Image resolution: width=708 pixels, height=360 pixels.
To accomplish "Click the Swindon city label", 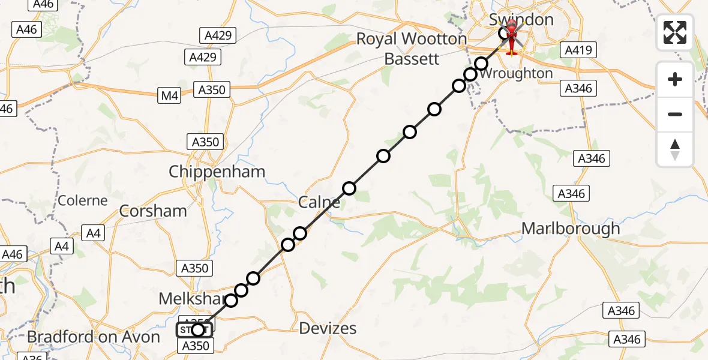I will point(521,19).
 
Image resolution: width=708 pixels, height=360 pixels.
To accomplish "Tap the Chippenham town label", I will point(217,172).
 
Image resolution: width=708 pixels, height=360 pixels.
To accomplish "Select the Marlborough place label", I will point(571,229).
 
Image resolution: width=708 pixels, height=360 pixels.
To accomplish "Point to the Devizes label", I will point(328,328).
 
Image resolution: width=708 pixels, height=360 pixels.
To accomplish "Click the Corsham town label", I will point(153,211).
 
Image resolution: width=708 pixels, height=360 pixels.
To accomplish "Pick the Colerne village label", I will point(83,200).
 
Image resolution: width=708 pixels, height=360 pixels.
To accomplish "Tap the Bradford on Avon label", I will point(94,337).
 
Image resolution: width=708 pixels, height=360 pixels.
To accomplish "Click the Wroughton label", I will point(517,73).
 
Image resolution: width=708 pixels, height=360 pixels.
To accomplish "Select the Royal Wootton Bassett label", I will point(412,49).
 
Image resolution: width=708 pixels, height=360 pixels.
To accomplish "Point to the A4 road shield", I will point(94,233).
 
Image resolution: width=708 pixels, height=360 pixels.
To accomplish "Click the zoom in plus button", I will point(675,80).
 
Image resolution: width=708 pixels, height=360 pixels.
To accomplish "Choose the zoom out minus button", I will point(675,114).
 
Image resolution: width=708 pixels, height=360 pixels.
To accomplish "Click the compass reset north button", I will point(675,149).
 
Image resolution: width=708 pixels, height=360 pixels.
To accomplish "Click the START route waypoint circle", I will point(197,329).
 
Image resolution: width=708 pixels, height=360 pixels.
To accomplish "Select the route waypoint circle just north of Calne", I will point(349,188).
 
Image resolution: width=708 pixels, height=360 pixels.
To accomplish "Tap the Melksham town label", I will point(191,298).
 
